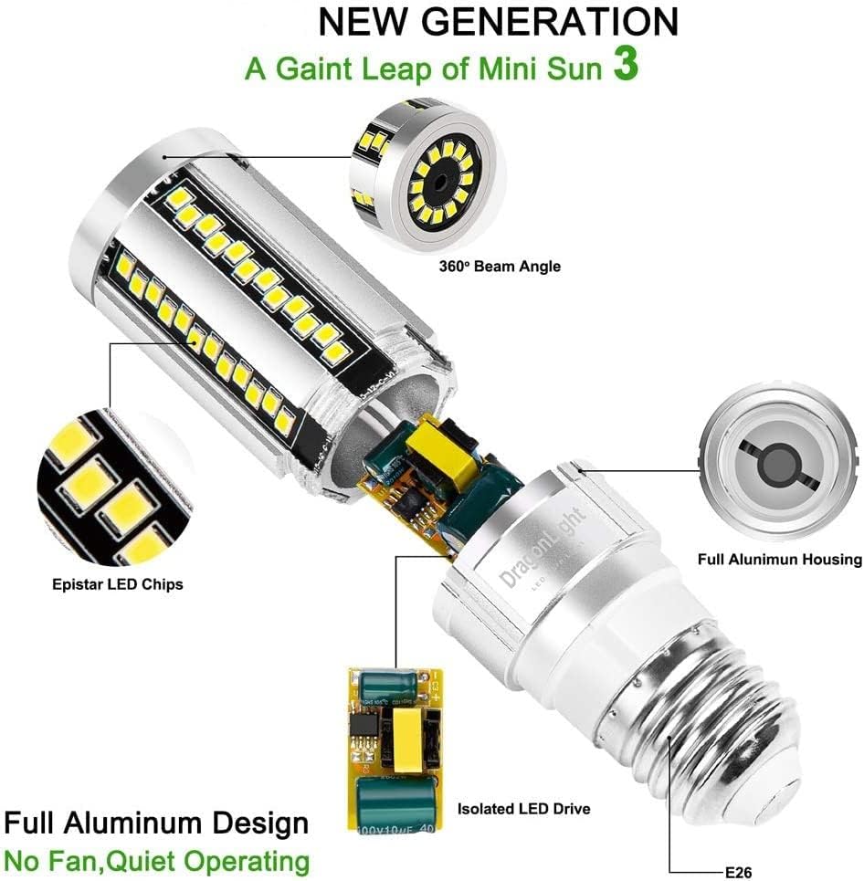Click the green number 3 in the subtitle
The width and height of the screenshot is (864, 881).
625,68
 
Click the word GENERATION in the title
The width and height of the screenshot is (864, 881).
550,22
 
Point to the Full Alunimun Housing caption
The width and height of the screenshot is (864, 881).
779,559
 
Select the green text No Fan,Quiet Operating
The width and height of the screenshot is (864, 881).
156,860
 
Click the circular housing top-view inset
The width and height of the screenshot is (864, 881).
777,460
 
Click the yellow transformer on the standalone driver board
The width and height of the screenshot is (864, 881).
406,738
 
